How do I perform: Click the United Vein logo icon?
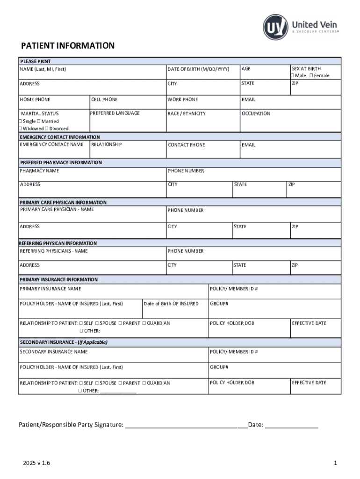tap(275, 27)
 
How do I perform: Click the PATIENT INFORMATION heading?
tap(67, 46)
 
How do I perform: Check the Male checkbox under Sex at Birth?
tap(293, 76)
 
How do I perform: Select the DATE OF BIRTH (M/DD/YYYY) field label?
tap(198, 69)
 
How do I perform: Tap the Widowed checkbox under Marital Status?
tap(20, 129)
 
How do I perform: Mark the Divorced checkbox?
tap(46, 129)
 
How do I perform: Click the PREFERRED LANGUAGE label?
tap(115, 113)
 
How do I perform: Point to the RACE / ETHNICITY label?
tap(187, 114)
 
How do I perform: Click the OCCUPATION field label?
tap(256, 114)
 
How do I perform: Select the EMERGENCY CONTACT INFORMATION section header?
tap(59, 137)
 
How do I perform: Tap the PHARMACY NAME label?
tap(39, 171)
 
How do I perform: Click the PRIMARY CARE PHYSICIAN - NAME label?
tap(57, 209)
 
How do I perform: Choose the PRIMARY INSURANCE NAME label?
tap(50, 289)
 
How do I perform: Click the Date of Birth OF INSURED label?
tap(171, 304)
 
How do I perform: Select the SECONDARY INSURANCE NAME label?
tap(53, 351)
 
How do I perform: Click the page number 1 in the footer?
tap(335, 463)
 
